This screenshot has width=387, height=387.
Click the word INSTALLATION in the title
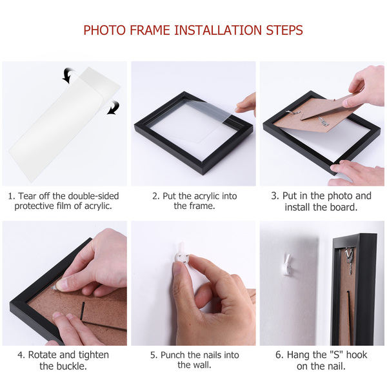pos(218,30)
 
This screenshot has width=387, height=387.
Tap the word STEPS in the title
pos(284,30)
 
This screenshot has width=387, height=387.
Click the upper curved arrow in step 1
pos(68,75)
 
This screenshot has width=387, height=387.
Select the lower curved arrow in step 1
pos(114,108)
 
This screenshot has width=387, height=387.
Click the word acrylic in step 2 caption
pos(207,196)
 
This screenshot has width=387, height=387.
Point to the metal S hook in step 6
pos(350,260)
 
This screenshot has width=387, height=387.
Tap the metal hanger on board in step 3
pos(293,114)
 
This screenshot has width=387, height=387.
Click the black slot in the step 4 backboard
pos(83,312)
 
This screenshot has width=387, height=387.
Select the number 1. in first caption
pos(12,196)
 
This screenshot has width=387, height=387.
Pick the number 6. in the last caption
pos(280,355)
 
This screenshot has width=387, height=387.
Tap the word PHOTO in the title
pos(104,30)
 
